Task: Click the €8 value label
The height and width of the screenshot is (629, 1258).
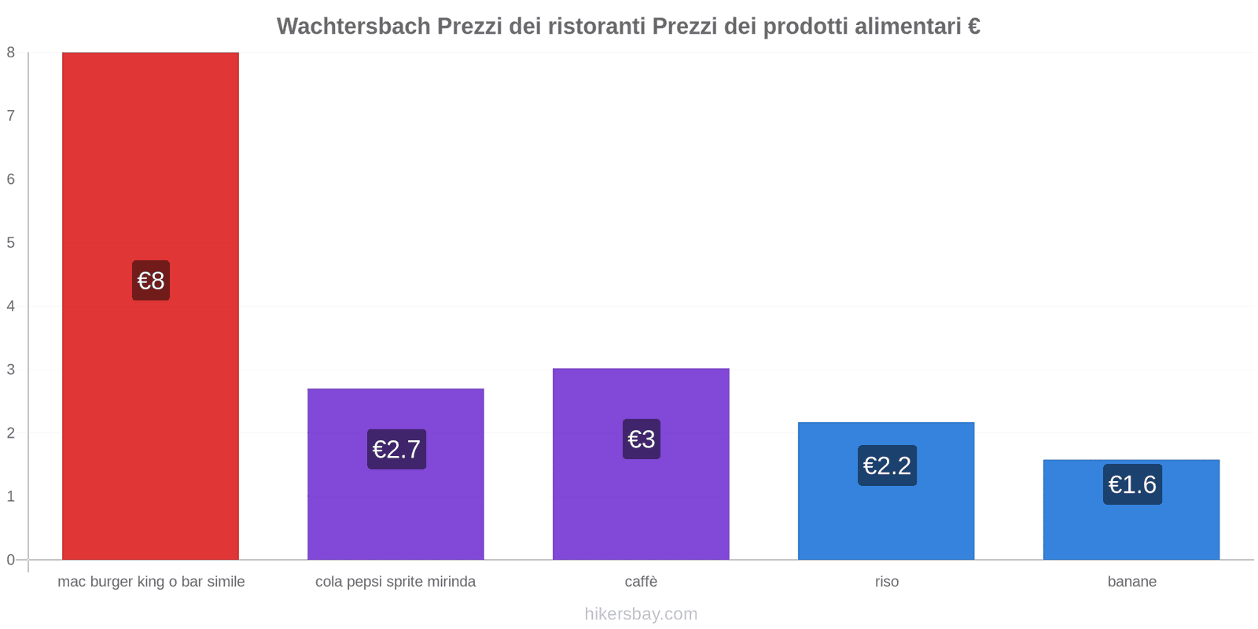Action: tap(151, 281)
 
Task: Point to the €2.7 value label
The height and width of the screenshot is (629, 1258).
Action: tap(396, 449)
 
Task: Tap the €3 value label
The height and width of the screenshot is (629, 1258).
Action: tap(642, 439)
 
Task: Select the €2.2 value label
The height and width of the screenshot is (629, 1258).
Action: tap(887, 465)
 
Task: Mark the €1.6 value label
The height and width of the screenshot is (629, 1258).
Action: tap(1132, 484)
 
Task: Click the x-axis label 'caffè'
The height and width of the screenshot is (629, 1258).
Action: tap(641, 582)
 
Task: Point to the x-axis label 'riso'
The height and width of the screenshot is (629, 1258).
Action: tap(887, 582)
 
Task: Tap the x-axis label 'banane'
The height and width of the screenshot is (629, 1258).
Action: tap(1132, 582)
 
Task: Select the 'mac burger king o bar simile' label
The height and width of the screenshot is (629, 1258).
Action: tap(151, 582)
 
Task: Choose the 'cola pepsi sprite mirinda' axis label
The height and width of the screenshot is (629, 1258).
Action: tap(395, 582)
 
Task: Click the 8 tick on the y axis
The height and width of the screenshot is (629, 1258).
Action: tap(11, 53)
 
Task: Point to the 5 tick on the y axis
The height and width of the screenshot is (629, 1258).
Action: tap(11, 243)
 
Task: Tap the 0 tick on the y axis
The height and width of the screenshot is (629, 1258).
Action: tap(11, 560)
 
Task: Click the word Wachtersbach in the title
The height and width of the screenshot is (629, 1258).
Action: tap(353, 27)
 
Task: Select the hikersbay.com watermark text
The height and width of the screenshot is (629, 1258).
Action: tap(641, 614)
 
